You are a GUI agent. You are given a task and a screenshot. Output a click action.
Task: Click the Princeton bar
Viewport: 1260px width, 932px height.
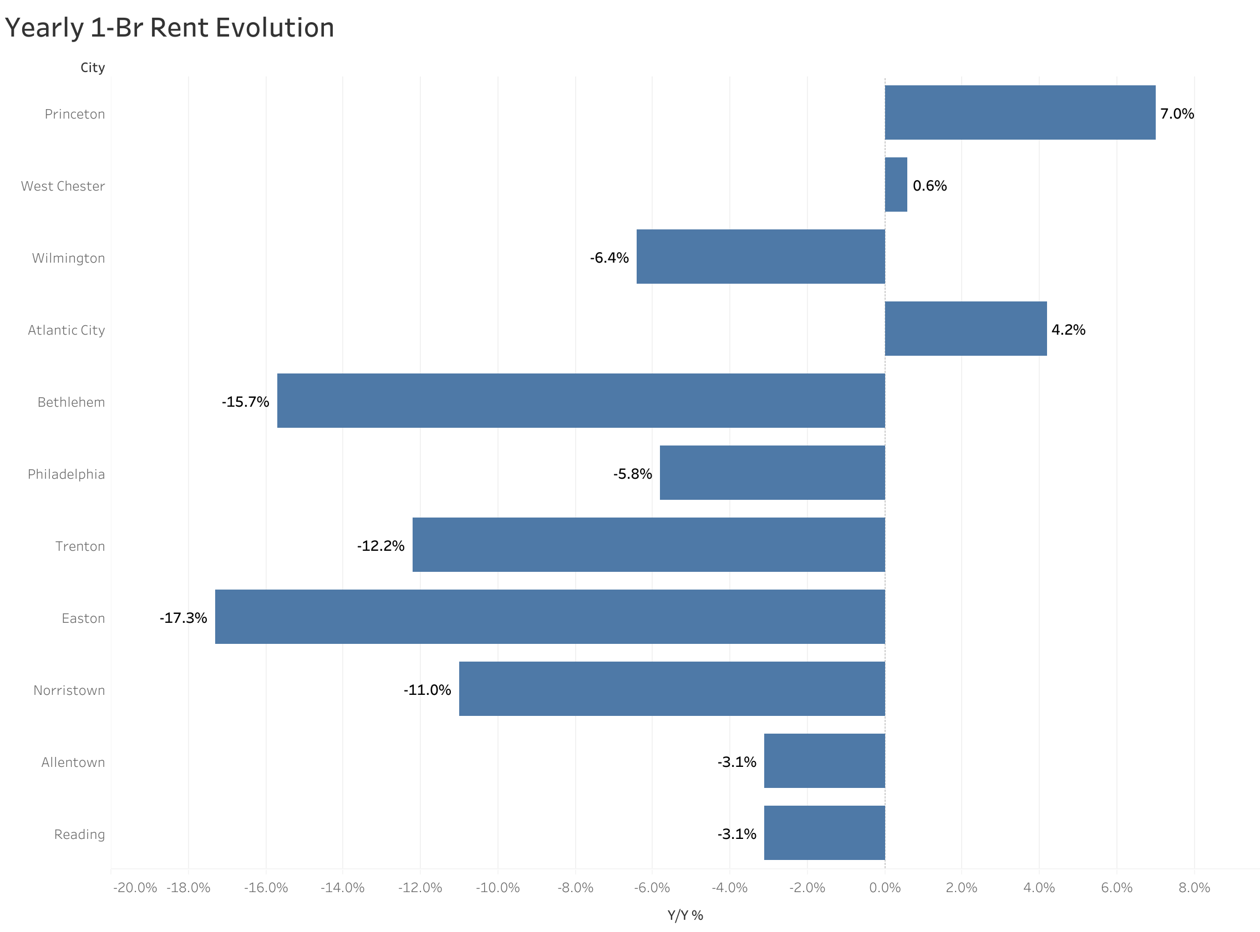coord(1019,113)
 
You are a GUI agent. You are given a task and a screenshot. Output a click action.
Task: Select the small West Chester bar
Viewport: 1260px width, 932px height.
coord(896,185)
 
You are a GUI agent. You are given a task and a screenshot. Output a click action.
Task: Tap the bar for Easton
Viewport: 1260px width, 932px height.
coord(550,617)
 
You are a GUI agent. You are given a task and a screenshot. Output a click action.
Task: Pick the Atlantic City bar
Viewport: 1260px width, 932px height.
coord(966,329)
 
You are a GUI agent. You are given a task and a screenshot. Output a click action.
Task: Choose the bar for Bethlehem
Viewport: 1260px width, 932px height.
coord(581,401)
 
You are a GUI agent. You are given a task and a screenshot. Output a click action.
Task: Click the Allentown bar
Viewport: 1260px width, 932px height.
coord(824,760)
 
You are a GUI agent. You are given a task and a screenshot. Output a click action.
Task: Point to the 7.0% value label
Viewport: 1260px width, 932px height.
coord(1176,114)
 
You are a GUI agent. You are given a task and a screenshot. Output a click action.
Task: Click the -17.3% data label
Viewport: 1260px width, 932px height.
coord(183,618)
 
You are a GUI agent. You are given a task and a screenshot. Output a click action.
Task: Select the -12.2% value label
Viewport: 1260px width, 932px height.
coord(380,546)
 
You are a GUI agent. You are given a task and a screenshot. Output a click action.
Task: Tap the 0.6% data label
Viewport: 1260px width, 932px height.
coord(929,186)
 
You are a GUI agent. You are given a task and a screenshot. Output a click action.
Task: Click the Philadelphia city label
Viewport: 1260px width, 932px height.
coord(66,474)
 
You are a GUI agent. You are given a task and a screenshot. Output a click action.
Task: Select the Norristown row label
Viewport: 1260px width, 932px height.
coord(69,690)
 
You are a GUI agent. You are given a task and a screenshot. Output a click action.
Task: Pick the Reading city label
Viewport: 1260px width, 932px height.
coord(79,834)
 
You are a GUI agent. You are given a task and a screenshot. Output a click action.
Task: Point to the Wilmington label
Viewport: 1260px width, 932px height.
coord(68,258)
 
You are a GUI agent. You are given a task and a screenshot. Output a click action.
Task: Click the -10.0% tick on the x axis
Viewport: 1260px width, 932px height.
coord(497,888)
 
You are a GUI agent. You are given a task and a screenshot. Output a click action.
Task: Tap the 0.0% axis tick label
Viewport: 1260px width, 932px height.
coord(885,888)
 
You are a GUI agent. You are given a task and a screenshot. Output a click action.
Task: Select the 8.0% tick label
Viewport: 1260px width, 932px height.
coord(1194,888)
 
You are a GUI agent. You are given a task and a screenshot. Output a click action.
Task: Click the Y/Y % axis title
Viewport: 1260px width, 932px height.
coord(685,915)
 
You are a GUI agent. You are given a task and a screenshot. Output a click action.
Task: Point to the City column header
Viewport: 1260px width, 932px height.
coord(93,68)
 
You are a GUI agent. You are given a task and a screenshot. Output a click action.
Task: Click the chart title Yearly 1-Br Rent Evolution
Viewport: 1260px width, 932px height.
coord(169,28)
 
